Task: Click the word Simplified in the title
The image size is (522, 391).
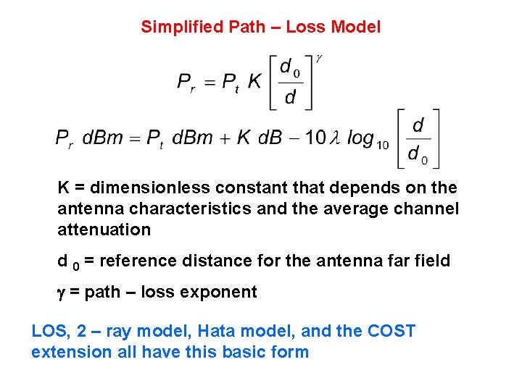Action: [181, 28]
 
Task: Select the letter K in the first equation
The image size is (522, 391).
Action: [254, 82]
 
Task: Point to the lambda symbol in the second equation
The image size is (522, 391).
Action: [335, 138]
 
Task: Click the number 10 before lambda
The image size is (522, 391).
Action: [315, 138]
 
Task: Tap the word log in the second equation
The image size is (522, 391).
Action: [360, 138]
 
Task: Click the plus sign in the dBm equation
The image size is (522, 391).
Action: [223, 138]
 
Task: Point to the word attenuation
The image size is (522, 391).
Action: [104, 230]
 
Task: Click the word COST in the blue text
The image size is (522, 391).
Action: [391, 332]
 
